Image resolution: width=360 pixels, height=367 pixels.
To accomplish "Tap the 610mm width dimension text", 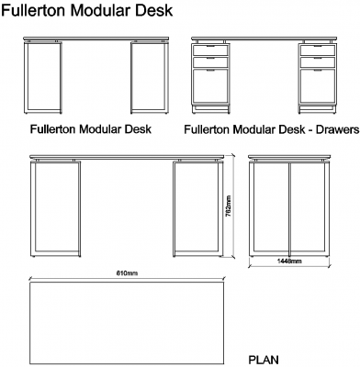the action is (126, 273).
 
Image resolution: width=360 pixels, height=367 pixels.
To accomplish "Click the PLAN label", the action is (264, 360).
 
